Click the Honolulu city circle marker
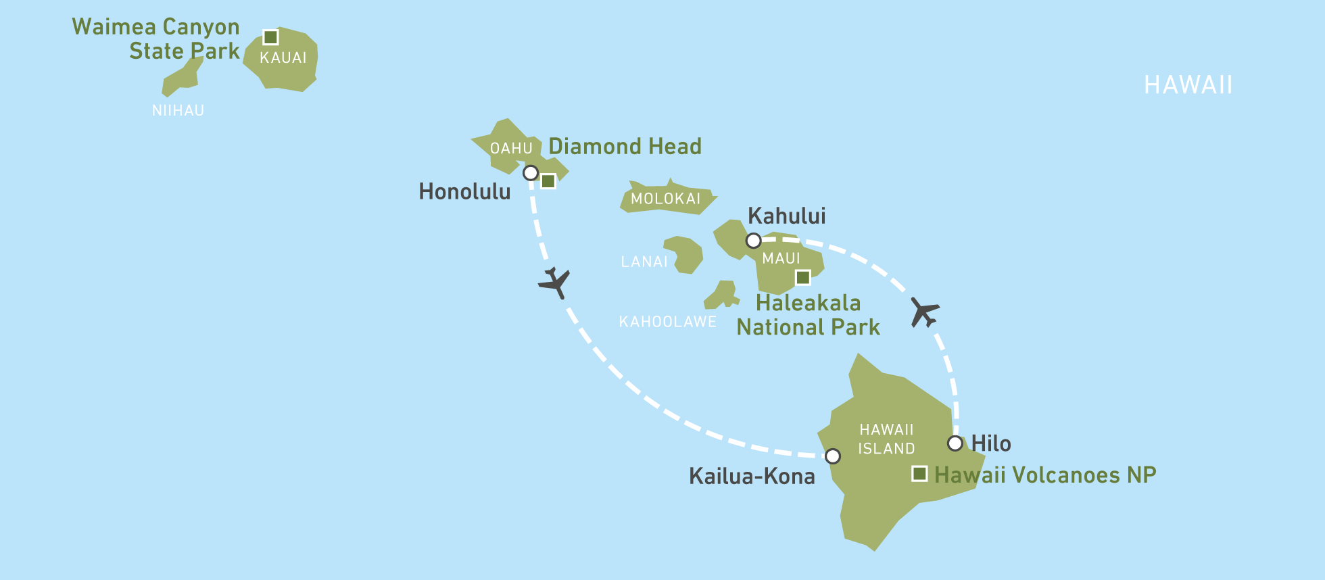click(x=531, y=173)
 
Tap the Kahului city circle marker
click(x=753, y=241)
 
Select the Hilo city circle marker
click(x=955, y=443)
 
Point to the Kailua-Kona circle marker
click(x=833, y=456)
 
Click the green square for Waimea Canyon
click(x=270, y=37)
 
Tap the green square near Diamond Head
click(x=548, y=181)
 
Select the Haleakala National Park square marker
click(x=802, y=277)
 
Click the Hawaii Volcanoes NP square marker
click(x=919, y=474)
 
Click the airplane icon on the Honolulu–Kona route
click(x=555, y=283)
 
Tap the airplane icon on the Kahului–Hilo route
click(x=924, y=312)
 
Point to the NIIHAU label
click(x=178, y=111)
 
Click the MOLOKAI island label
click(x=665, y=199)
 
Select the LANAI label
click(x=644, y=262)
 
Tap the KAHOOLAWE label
click(x=667, y=322)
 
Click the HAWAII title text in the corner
click(x=1188, y=85)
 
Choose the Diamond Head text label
click(x=625, y=147)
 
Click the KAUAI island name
click(x=283, y=58)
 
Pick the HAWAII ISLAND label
click(x=886, y=439)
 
